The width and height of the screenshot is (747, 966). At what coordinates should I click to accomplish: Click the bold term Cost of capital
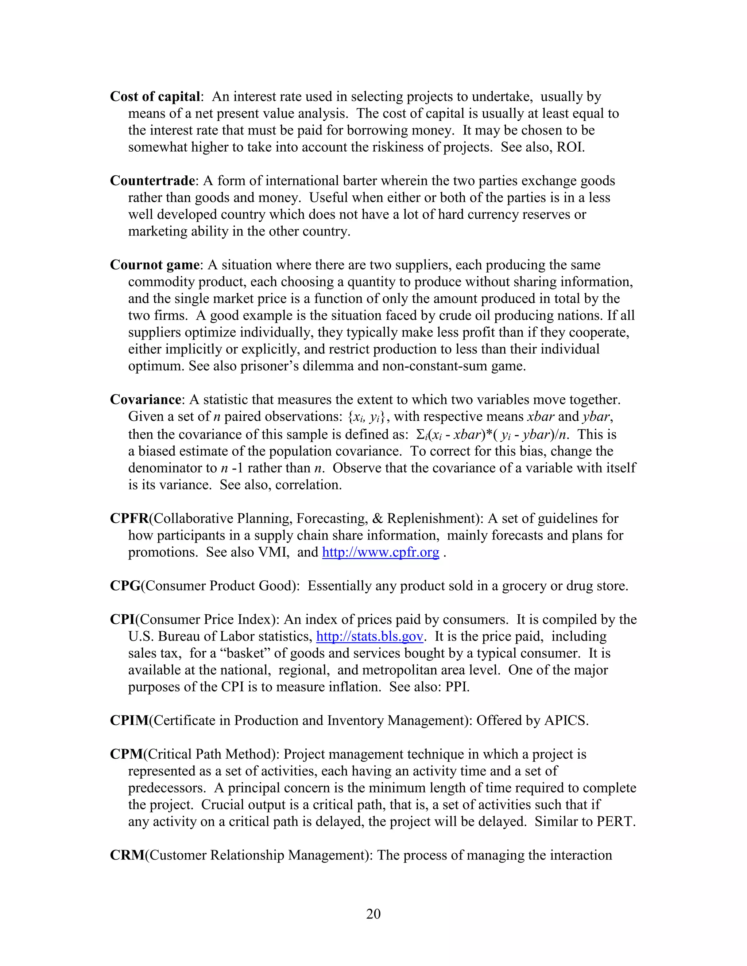click(x=155, y=97)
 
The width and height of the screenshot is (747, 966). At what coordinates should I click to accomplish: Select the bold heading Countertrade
click(x=152, y=181)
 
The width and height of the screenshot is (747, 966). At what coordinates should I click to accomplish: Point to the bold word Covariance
click(x=146, y=400)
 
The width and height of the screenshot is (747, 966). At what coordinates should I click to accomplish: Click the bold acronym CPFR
click(x=129, y=518)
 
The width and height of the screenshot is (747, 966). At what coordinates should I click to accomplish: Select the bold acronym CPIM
click(x=129, y=721)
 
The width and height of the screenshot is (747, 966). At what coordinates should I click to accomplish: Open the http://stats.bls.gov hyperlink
click(x=370, y=636)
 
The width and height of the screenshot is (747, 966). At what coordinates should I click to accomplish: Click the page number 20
click(x=373, y=914)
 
